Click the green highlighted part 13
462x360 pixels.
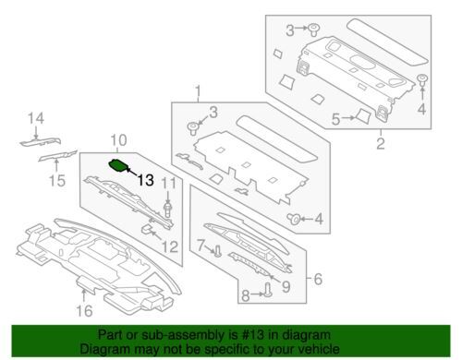[x=118, y=166]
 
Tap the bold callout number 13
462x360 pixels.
[x=146, y=180]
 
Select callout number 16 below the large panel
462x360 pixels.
[x=84, y=311]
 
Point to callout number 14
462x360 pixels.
[x=36, y=118]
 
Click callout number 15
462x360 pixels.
[x=57, y=180]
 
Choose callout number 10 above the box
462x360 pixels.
[x=118, y=140]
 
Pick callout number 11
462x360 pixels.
[x=169, y=184]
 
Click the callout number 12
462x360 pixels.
[x=170, y=246]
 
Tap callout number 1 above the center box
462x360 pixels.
[x=198, y=91]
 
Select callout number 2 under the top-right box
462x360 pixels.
[x=381, y=144]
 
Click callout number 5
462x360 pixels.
[x=335, y=119]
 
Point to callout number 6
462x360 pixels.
[x=318, y=279]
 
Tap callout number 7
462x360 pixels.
[x=201, y=246]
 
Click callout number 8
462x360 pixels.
[x=245, y=295]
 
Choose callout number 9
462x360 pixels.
[x=286, y=287]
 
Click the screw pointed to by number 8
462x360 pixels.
[x=267, y=290]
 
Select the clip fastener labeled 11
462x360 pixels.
[x=167, y=210]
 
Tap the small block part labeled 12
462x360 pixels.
[x=147, y=229]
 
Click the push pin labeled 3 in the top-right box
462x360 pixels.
[x=313, y=30]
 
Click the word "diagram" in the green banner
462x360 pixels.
[x=307, y=335]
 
